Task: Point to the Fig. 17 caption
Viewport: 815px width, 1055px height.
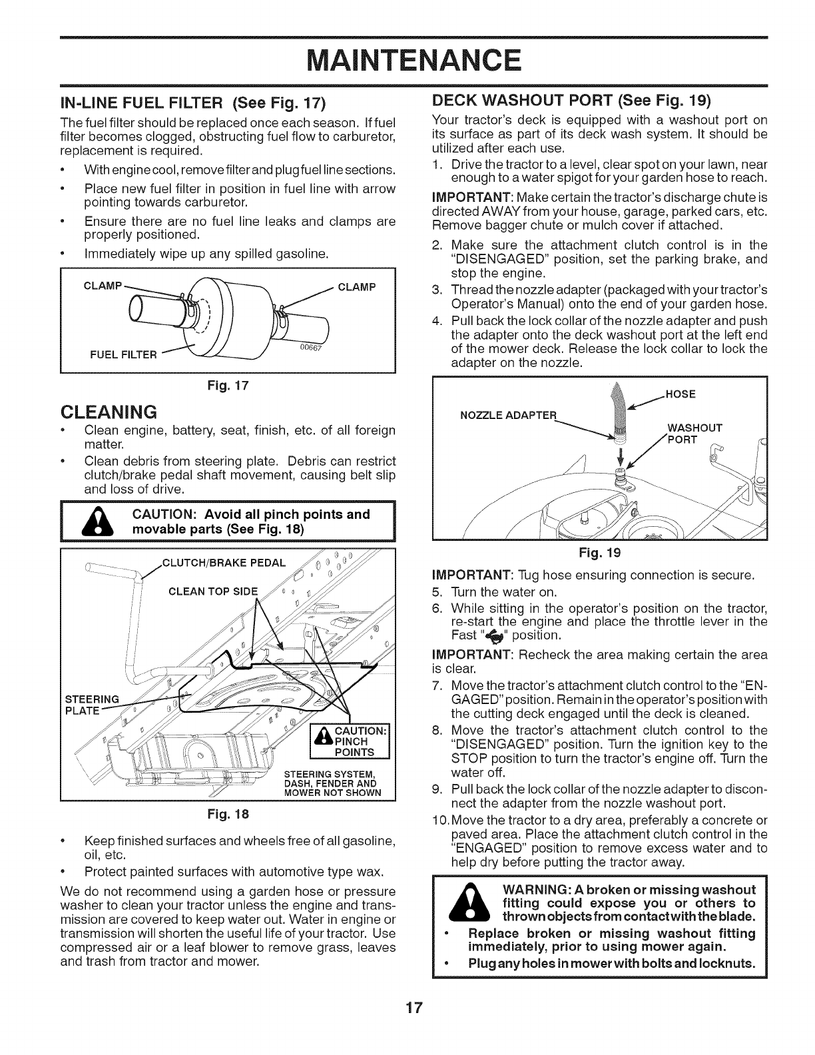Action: pos(227,384)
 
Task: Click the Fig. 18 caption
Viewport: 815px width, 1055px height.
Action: pos(227,813)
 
